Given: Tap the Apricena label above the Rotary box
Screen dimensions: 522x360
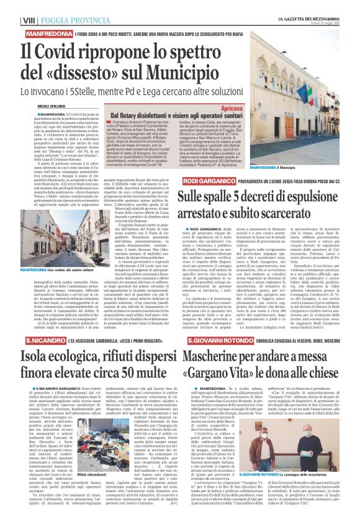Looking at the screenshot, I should click(234, 108).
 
